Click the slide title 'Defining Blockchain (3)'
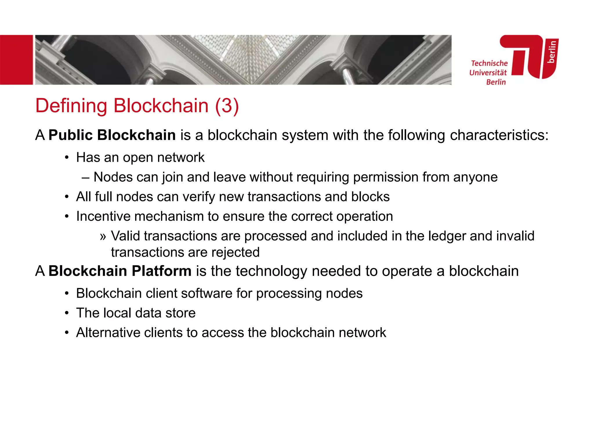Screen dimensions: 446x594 137,106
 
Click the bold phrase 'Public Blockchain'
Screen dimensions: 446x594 112,135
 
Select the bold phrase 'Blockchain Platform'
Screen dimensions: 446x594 120,271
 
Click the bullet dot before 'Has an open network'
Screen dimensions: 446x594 67,158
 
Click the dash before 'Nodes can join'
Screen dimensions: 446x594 85,177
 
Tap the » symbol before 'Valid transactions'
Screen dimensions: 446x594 103,236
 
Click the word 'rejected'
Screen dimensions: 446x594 235,252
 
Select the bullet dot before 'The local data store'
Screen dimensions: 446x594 67,313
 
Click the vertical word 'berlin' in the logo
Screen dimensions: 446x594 552,52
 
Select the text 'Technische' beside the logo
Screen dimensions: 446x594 489,63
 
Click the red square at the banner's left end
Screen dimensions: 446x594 16,60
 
